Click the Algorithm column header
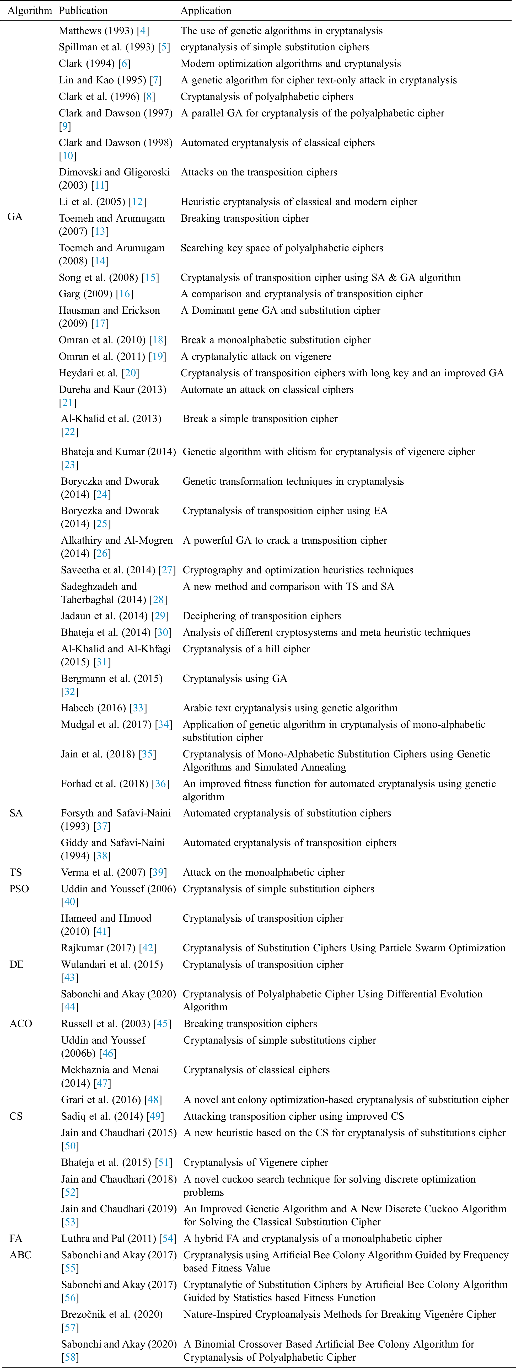[30, 10]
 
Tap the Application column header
[206, 10]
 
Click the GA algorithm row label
[15, 217]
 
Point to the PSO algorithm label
[19, 889]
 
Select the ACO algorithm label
[21, 1024]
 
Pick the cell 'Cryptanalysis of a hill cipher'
[246, 649]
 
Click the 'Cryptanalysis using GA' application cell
[235, 679]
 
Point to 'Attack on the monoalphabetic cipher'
[263, 873]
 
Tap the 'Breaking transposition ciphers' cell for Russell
[250, 1024]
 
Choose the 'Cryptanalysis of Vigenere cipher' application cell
[256, 1162]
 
